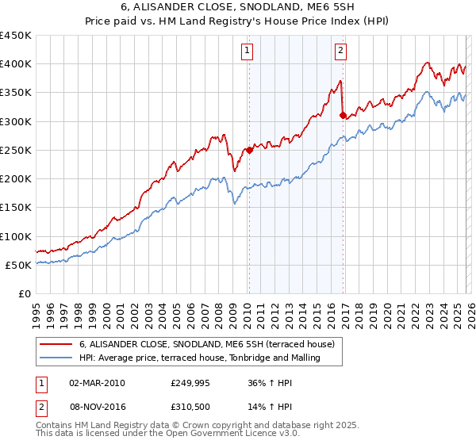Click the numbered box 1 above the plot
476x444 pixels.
[x=248, y=51]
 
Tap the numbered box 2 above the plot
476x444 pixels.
[x=340, y=51]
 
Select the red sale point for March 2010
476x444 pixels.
[x=248, y=150]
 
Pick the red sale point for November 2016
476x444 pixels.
[x=343, y=115]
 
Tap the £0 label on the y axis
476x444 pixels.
[x=24, y=294]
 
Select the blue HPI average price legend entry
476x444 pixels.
[x=199, y=358]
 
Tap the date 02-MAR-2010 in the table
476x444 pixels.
[x=97, y=383]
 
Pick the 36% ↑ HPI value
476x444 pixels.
[x=271, y=383]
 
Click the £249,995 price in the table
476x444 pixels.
[x=190, y=383]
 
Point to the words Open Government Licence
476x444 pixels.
[x=209, y=434]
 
